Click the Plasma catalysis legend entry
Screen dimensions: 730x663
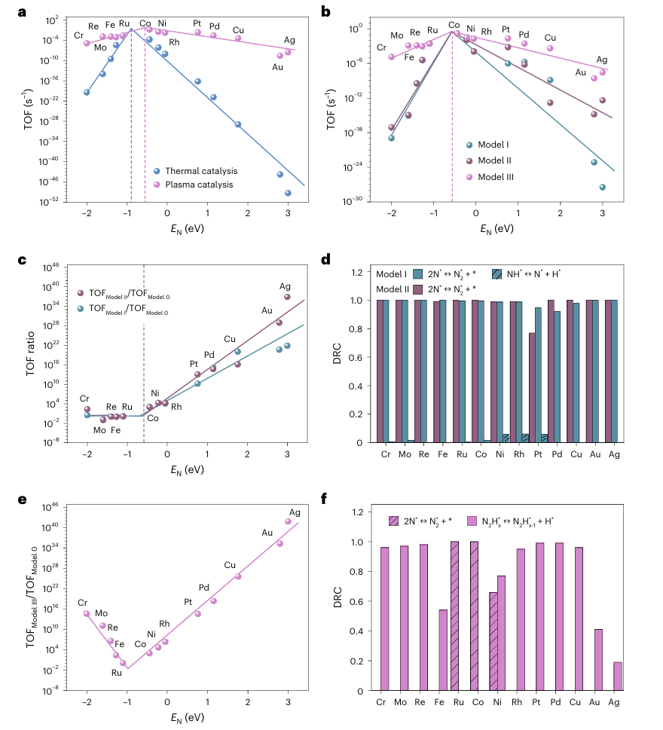[x=194, y=184]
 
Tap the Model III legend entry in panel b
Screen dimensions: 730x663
[x=495, y=177]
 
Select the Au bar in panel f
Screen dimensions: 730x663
[x=598, y=660]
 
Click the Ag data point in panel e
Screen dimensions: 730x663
[x=287, y=521]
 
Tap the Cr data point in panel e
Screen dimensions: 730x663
[x=87, y=614]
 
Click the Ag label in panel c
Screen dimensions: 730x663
[x=285, y=286]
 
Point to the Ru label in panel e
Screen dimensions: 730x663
[x=117, y=673]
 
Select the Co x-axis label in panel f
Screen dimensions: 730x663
[x=474, y=703]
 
